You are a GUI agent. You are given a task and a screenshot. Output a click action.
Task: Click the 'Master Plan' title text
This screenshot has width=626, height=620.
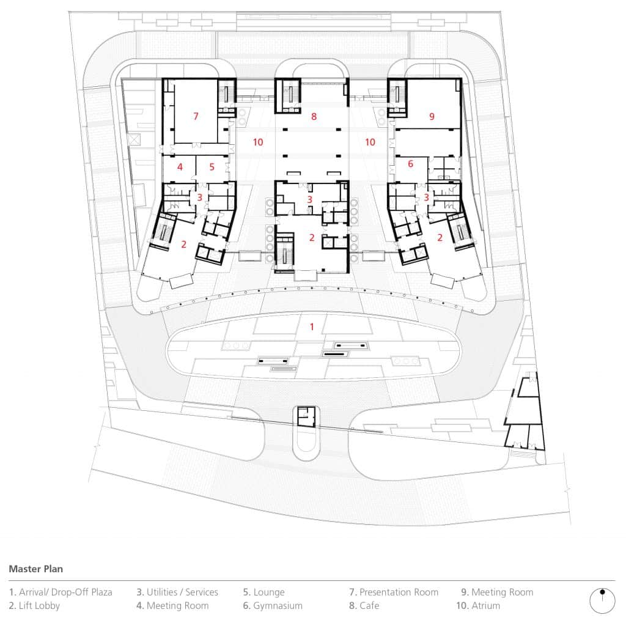tap(35, 569)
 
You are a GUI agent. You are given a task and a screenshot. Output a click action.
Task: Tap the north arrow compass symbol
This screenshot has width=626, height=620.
tap(602, 600)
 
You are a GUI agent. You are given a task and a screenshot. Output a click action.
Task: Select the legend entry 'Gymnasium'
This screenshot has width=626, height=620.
tap(273, 605)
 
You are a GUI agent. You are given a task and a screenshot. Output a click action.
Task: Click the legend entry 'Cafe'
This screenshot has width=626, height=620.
tap(364, 605)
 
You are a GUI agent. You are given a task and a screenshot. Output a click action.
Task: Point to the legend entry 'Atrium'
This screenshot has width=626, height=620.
tap(478, 605)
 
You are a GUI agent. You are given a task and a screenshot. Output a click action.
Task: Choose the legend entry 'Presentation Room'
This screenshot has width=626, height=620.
tap(394, 592)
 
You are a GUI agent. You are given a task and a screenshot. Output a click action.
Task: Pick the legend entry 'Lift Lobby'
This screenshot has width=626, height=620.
tap(35, 605)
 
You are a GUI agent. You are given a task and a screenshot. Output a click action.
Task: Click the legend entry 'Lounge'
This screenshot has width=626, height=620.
tap(263, 592)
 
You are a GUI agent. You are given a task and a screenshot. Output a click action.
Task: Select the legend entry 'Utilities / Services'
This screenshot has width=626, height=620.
tap(177, 592)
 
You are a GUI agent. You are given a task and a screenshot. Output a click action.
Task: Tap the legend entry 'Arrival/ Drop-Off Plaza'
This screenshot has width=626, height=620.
tap(61, 592)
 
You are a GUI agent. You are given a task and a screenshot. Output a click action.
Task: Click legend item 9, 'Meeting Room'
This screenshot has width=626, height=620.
tap(497, 592)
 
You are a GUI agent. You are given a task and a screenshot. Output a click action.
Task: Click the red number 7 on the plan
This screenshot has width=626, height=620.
tap(196, 116)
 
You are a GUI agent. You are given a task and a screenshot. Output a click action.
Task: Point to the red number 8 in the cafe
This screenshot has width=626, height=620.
tap(314, 116)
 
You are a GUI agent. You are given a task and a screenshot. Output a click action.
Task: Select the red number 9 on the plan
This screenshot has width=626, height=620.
tap(432, 116)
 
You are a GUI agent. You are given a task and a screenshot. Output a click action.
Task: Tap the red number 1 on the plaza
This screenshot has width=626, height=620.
tap(311, 327)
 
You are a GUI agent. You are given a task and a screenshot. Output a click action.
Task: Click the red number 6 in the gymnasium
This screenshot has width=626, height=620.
tap(410, 163)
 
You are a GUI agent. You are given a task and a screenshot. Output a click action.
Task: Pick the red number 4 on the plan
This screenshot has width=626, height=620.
tap(180, 166)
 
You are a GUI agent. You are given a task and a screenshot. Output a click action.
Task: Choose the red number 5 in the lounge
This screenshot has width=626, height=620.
tap(212, 166)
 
